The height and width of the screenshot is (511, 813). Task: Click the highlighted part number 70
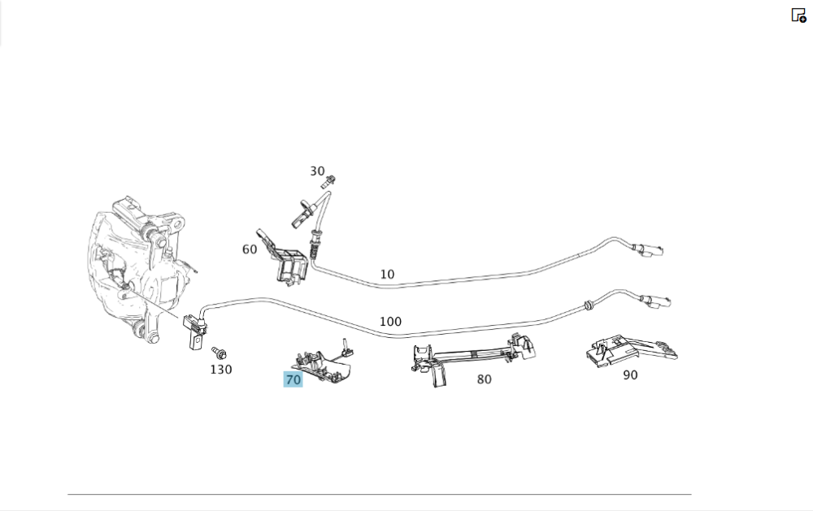click(x=293, y=379)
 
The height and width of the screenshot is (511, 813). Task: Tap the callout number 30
click(x=317, y=171)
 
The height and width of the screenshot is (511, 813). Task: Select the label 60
click(x=250, y=249)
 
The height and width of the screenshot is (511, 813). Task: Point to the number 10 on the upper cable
click(x=387, y=275)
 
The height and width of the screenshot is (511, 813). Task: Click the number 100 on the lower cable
click(x=390, y=322)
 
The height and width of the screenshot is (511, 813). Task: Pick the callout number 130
click(x=220, y=370)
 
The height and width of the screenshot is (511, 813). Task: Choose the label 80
click(x=484, y=379)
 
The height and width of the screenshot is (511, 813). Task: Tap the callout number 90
click(x=630, y=375)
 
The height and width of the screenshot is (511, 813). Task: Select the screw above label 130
click(x=218, y=353)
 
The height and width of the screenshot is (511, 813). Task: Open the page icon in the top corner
click(x=798, y=15)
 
